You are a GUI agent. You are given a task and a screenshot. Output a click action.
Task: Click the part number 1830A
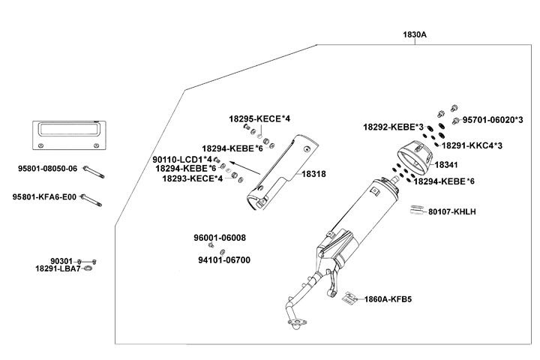(x=415, y=34)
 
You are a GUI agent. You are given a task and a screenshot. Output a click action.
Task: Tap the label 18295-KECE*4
(x=259, y=119)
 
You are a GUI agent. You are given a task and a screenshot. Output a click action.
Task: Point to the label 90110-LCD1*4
(x=181, y=160)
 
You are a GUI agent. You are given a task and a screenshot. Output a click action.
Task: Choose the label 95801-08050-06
(x=46, y=169)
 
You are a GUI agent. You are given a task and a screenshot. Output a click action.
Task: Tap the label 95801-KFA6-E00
(x=45, y=197)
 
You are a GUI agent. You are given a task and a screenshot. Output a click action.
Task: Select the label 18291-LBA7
(x=58, y=268)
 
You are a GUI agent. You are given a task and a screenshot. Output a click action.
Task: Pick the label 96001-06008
(x=220, y=238)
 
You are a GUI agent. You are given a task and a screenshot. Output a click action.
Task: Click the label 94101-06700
(x=224, y=259)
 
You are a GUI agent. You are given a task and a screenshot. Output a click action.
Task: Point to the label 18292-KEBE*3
(x=394, y=127)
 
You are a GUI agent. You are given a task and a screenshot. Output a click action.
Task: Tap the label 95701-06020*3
(x=493, y=120)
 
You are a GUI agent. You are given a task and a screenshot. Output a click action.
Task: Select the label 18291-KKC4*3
(x=472, y=145)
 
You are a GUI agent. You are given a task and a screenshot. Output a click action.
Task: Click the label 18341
(x=447, y=163)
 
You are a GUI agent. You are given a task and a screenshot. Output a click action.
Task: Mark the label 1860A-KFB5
(x=388, y=298)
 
